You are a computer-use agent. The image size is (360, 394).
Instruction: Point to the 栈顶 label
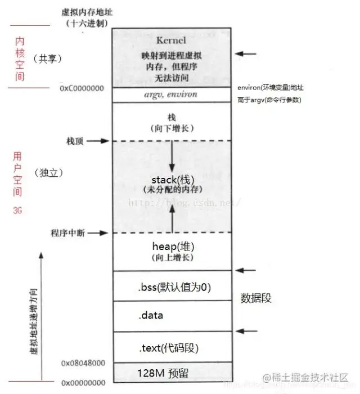74,141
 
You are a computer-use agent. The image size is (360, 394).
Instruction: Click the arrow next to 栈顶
97,141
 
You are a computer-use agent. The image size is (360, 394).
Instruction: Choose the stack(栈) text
172,180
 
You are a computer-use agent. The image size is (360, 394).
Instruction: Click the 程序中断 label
67,233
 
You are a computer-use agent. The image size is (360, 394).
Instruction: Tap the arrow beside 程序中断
97,233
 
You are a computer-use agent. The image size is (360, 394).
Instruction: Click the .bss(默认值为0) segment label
174,287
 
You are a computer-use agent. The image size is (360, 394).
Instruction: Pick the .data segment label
150,315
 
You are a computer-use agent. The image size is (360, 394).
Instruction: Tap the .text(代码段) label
167,348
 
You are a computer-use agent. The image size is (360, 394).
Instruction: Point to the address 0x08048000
83,363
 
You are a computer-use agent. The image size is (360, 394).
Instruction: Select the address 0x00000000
83,383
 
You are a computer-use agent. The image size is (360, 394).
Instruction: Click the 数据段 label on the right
256,298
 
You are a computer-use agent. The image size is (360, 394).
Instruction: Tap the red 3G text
16,209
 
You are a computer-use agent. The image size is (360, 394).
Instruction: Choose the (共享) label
47,59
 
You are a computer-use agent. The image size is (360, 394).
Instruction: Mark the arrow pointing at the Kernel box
246,54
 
